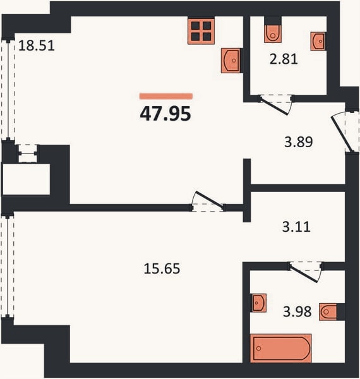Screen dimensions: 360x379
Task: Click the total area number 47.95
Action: click(x=165, y=114)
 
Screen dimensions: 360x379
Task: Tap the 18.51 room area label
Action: click(x=37, y=45)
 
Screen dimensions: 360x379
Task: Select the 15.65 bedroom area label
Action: click(x=162, y=268)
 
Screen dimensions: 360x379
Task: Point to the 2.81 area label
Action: click(x=284, y=59)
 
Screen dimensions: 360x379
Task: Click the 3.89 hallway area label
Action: click(x=299, y=142)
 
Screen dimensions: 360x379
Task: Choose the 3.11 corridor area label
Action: click(x=296, y=227)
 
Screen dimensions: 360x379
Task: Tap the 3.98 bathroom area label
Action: click(x=297, y=311)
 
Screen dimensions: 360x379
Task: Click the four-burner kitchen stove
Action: click(x=201, y=31)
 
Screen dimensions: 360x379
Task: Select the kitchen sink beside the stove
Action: click(x=231, y=61)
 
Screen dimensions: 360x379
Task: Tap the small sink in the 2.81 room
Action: click(x=318, y=41)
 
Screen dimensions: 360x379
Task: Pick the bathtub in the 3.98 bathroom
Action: click(x=281, y=348)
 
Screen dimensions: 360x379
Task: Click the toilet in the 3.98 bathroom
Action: click(x=328, y=312)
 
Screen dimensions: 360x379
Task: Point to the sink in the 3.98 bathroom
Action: click(x=258, y=303)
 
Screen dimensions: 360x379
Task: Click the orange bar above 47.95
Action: click(x=166, y=96)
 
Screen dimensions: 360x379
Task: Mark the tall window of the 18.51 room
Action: click(x=8, y=90)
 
